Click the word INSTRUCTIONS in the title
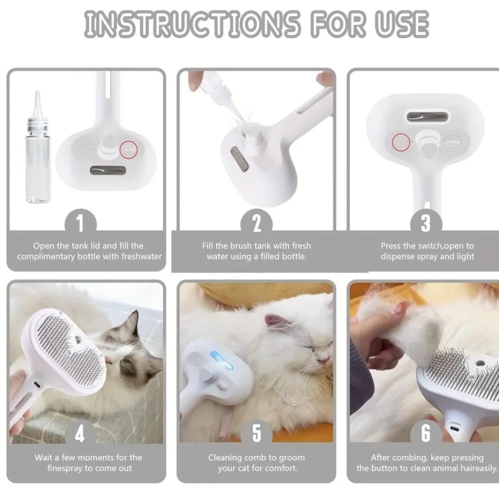(x=192, y=24)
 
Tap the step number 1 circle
(x=80, y=223)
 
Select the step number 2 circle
(x=256, y=223)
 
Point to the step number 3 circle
(x=426, y=223)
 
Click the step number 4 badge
(x=80, y=434)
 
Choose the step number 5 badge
(x=256, y=434)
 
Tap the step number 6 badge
(x=426, y=434)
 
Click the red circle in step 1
(x=129, y=150)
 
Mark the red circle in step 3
(x=401, y=142)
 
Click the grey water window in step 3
(x=428, y=117)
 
